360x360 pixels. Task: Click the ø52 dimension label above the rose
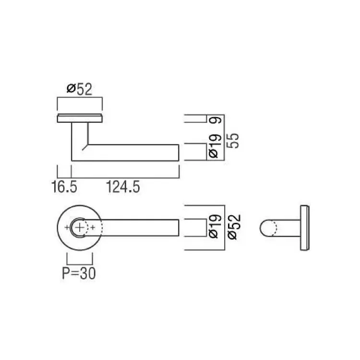tap(79, 89)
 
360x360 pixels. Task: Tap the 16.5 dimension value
tap(64, 187)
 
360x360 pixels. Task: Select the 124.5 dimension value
tap(123, 187)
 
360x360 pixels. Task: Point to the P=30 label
tap(79, 274)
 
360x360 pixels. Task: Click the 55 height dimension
tap(233, 141)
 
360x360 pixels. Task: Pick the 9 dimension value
tap(216, 120)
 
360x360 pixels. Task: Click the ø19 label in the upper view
tap(216, 146)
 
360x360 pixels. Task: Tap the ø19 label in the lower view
tap(216, 227)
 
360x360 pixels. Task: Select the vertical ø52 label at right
tap(235, 227)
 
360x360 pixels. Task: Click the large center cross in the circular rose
tap(79, 228)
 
